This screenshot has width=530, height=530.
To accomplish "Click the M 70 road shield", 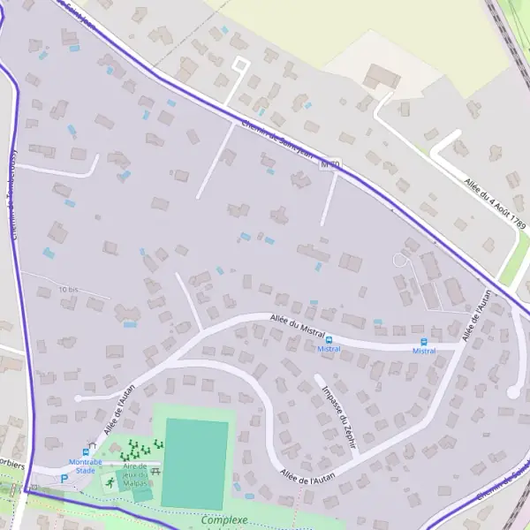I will click(x=330, y=165).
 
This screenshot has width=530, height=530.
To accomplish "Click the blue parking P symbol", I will click(x=64, y=478).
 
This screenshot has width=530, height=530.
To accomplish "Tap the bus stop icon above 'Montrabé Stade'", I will click(x=87, y=450).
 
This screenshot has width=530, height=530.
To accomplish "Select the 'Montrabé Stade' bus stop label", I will click(x=86, y=466).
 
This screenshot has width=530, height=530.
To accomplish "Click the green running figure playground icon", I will click(x=110, y=482).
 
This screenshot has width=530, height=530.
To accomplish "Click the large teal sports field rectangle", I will click(x=195, y=463).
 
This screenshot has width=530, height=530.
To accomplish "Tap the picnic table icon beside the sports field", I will click(x=155, y=472).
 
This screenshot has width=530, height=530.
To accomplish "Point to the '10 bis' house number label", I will click(x=68, y=290).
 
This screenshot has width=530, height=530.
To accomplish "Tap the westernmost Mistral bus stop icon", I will click(x=329, y=339).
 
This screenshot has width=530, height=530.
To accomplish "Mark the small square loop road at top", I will click(x=239, y=64).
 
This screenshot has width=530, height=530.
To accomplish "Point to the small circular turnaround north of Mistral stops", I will click(x=400, y=260).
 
